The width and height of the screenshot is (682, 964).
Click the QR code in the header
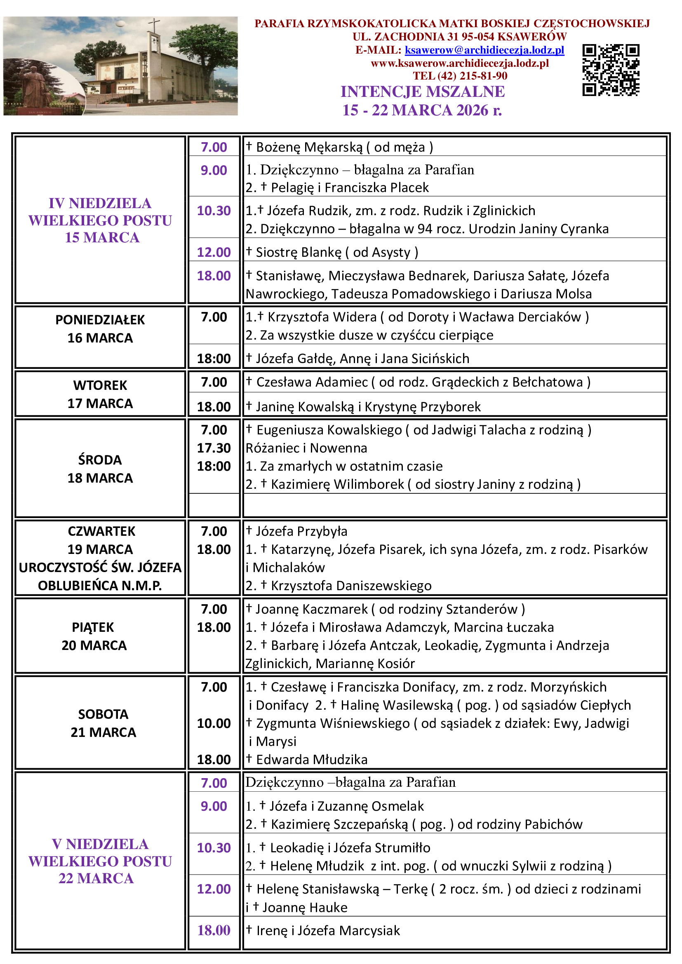pyautogui.click(x=611, y=70)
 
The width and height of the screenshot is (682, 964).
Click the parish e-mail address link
pyautogui.click(x=484, y=50)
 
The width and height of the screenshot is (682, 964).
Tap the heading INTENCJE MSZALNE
pyautogui.click(x=423, y=91)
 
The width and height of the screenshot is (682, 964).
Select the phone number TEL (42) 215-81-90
pyautogui.click(x=460, y=76)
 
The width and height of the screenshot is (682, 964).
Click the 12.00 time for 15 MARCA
pyautogui.click(x=214, y=252)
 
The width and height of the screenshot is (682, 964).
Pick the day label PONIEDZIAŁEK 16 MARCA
pyautogui.click(x=100, y=329)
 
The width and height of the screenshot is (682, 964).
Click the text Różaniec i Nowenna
pyautogui.click(x=306, y=448)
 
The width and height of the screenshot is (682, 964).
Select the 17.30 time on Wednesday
pyautogui.click(x=214, y=448)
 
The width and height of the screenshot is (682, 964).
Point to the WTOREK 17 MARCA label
pyautogui.click(x=100, y=394)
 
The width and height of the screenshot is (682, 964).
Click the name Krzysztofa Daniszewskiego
pyautogui.click(x=351, y=586)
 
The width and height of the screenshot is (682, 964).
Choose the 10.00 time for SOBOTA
pyautogui.click(x=214, y=723)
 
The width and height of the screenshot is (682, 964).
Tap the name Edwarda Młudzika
pyautogui.click(x=312, y=760)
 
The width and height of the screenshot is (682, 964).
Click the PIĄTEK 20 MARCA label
pyautogui.click(x=94, y=636)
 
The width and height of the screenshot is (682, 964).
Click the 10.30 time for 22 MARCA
pyautogui.click(x=214, y=848)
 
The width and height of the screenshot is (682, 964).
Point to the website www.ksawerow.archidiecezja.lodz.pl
pyautogui.click(x=460, y=63)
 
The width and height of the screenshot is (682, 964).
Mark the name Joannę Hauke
pyautogui.click(x=305, y=908)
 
